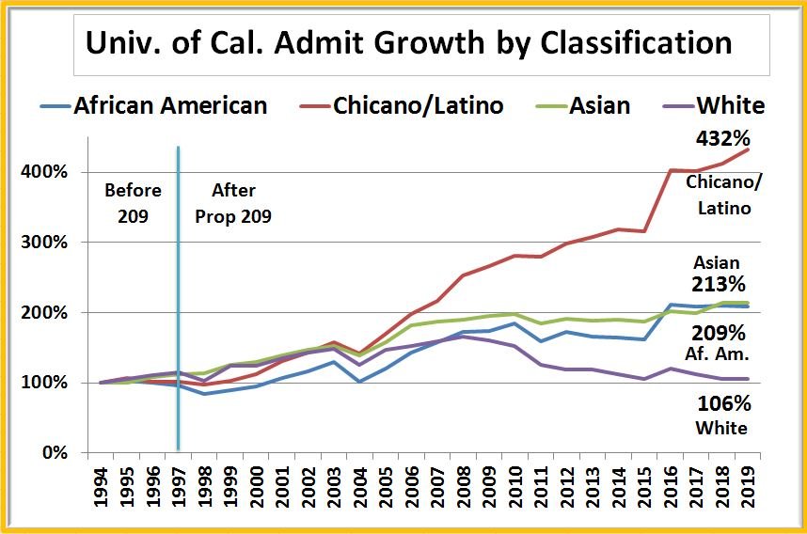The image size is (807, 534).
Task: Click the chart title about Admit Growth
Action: [x=408, y=43]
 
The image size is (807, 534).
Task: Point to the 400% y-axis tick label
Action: [x=44, y=172]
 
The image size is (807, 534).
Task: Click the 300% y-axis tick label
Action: [x=44, y=243]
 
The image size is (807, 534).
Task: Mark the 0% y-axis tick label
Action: [x=52, y=453]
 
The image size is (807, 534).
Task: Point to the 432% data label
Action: [x=720, y=139]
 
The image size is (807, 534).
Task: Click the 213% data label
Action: [x=720, y=284]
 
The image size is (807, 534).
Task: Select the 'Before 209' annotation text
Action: [x=133, y=203]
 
